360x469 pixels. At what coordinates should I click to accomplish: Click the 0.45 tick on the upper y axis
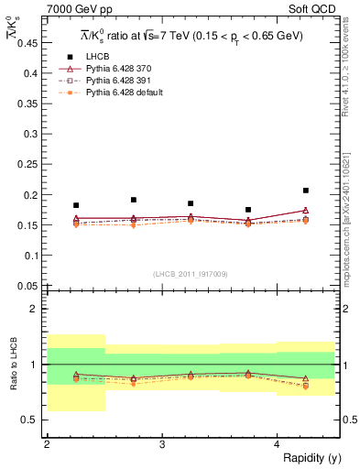[28, 43]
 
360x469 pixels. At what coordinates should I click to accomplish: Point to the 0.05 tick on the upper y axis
[28, 285]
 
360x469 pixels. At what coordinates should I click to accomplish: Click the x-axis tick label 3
[162, 443]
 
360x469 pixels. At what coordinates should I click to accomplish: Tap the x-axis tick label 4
[278, 443]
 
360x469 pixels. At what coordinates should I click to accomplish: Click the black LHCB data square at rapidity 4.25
[306, 191]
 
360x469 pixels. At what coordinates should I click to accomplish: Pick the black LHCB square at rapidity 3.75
[248, 210]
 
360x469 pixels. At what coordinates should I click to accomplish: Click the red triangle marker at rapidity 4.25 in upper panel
[306, 210]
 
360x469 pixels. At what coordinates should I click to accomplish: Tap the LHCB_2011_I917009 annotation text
[190, 274]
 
